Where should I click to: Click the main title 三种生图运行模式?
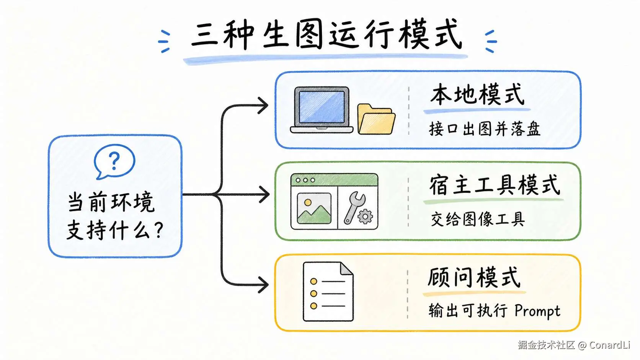(326, 35)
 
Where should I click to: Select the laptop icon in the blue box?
(322, 110)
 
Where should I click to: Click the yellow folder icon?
(376, 119)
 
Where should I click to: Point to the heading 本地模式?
(477, 94)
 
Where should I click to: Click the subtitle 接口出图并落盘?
(485, 129)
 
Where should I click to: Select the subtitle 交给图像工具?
(478, 219)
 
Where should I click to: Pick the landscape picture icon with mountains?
(314, 208)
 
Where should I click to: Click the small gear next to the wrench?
(365, 217)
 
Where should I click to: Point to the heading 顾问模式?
(474, 277)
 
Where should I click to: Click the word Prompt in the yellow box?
(537, 311)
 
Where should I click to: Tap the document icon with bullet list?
(328, 292)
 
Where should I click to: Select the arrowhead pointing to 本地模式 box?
(263, 105)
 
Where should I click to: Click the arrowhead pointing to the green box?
(264, 194)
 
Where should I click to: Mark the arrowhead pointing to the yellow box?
(263, 285)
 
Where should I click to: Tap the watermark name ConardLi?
(609, 345)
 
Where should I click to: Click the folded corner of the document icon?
(346, 269)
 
